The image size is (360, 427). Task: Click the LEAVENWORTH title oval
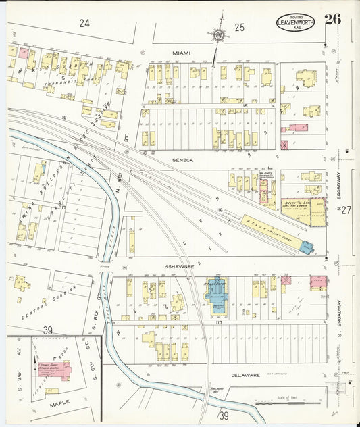[298, 24]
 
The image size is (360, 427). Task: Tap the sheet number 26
[332, 19]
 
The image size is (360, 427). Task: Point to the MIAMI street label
[181, 53]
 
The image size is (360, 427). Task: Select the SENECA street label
[182, 160]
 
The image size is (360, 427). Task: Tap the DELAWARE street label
[245, 374]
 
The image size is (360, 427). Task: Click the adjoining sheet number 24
[84, 23]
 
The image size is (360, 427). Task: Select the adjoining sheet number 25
[239, 28]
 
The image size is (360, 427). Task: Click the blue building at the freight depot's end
[305, 248]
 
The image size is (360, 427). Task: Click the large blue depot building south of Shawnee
[218, 295]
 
